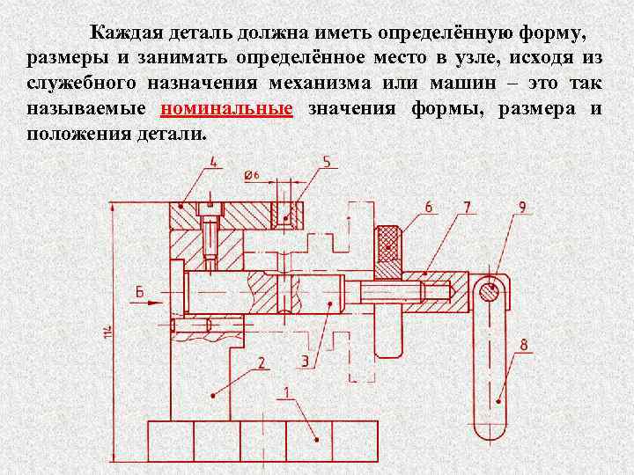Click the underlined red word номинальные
point(227,108)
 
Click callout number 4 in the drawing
point(215,161)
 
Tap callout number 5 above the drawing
point(326,162)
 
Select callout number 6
point(428,207)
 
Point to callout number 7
point(467,207)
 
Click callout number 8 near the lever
point(523,346)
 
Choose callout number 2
point(262,362)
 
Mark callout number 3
point(304,361)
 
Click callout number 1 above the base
point(285,392)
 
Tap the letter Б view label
point(139,292)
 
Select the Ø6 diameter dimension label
point(252,176)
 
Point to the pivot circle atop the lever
point(490,291)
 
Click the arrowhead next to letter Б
point(158,302)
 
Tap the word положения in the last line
point(66,135)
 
